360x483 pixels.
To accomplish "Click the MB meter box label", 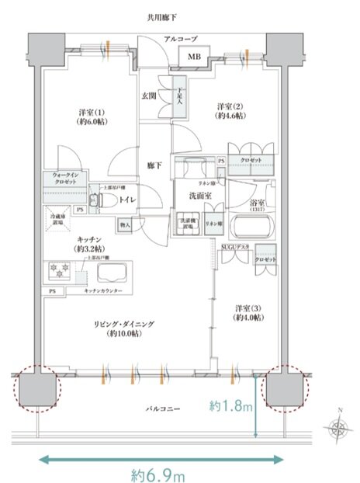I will (193, 56).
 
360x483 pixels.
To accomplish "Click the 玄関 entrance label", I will (150, 96).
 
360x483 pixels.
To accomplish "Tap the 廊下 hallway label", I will (154, 166).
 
